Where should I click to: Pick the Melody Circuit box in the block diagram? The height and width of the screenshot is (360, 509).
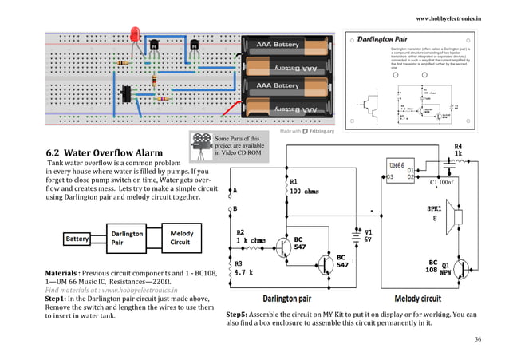pyautogui.click(x=181, y=239)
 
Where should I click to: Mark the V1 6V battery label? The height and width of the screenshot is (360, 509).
pyautogui.click(x=368, y=235)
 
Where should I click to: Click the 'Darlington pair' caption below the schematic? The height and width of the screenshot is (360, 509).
pyautogui.click(x=291, y=299)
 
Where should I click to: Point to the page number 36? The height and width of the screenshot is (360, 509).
pyautogui.click(x=478, y=339)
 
